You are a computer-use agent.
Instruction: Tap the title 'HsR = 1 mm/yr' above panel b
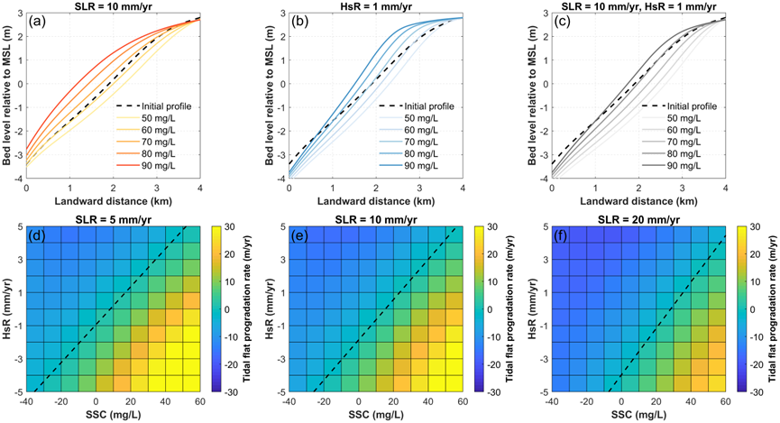tap(375, 6)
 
